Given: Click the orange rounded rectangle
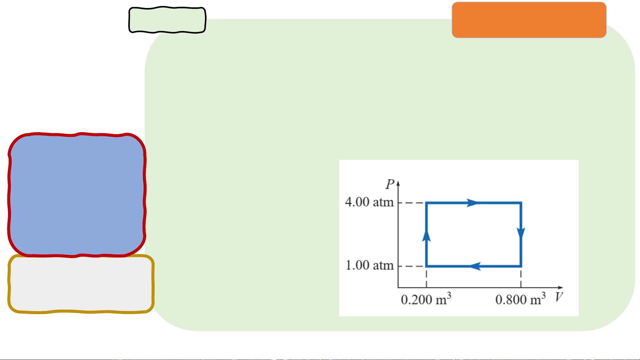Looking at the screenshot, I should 529,20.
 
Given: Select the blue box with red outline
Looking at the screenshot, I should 77,195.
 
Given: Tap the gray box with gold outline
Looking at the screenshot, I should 81,284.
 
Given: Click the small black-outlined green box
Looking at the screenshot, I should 167,20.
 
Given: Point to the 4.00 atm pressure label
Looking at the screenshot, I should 369,202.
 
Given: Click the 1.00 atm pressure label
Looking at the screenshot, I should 369,265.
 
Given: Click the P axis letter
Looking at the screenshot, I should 390,184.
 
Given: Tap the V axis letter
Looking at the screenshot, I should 559,297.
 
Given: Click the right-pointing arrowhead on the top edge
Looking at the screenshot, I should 472,202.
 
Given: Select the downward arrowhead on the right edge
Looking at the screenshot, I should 521,233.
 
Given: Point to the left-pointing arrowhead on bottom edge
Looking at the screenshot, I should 475,266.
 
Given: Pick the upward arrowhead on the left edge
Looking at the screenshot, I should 426,236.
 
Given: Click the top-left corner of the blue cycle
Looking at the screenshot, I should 426,202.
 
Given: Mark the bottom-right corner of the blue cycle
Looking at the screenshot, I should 521,266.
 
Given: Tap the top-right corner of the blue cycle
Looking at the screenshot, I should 521,202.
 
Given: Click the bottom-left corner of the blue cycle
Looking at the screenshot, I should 426,266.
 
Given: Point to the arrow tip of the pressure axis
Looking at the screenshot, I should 398,182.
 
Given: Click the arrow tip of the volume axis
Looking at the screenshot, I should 562,287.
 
